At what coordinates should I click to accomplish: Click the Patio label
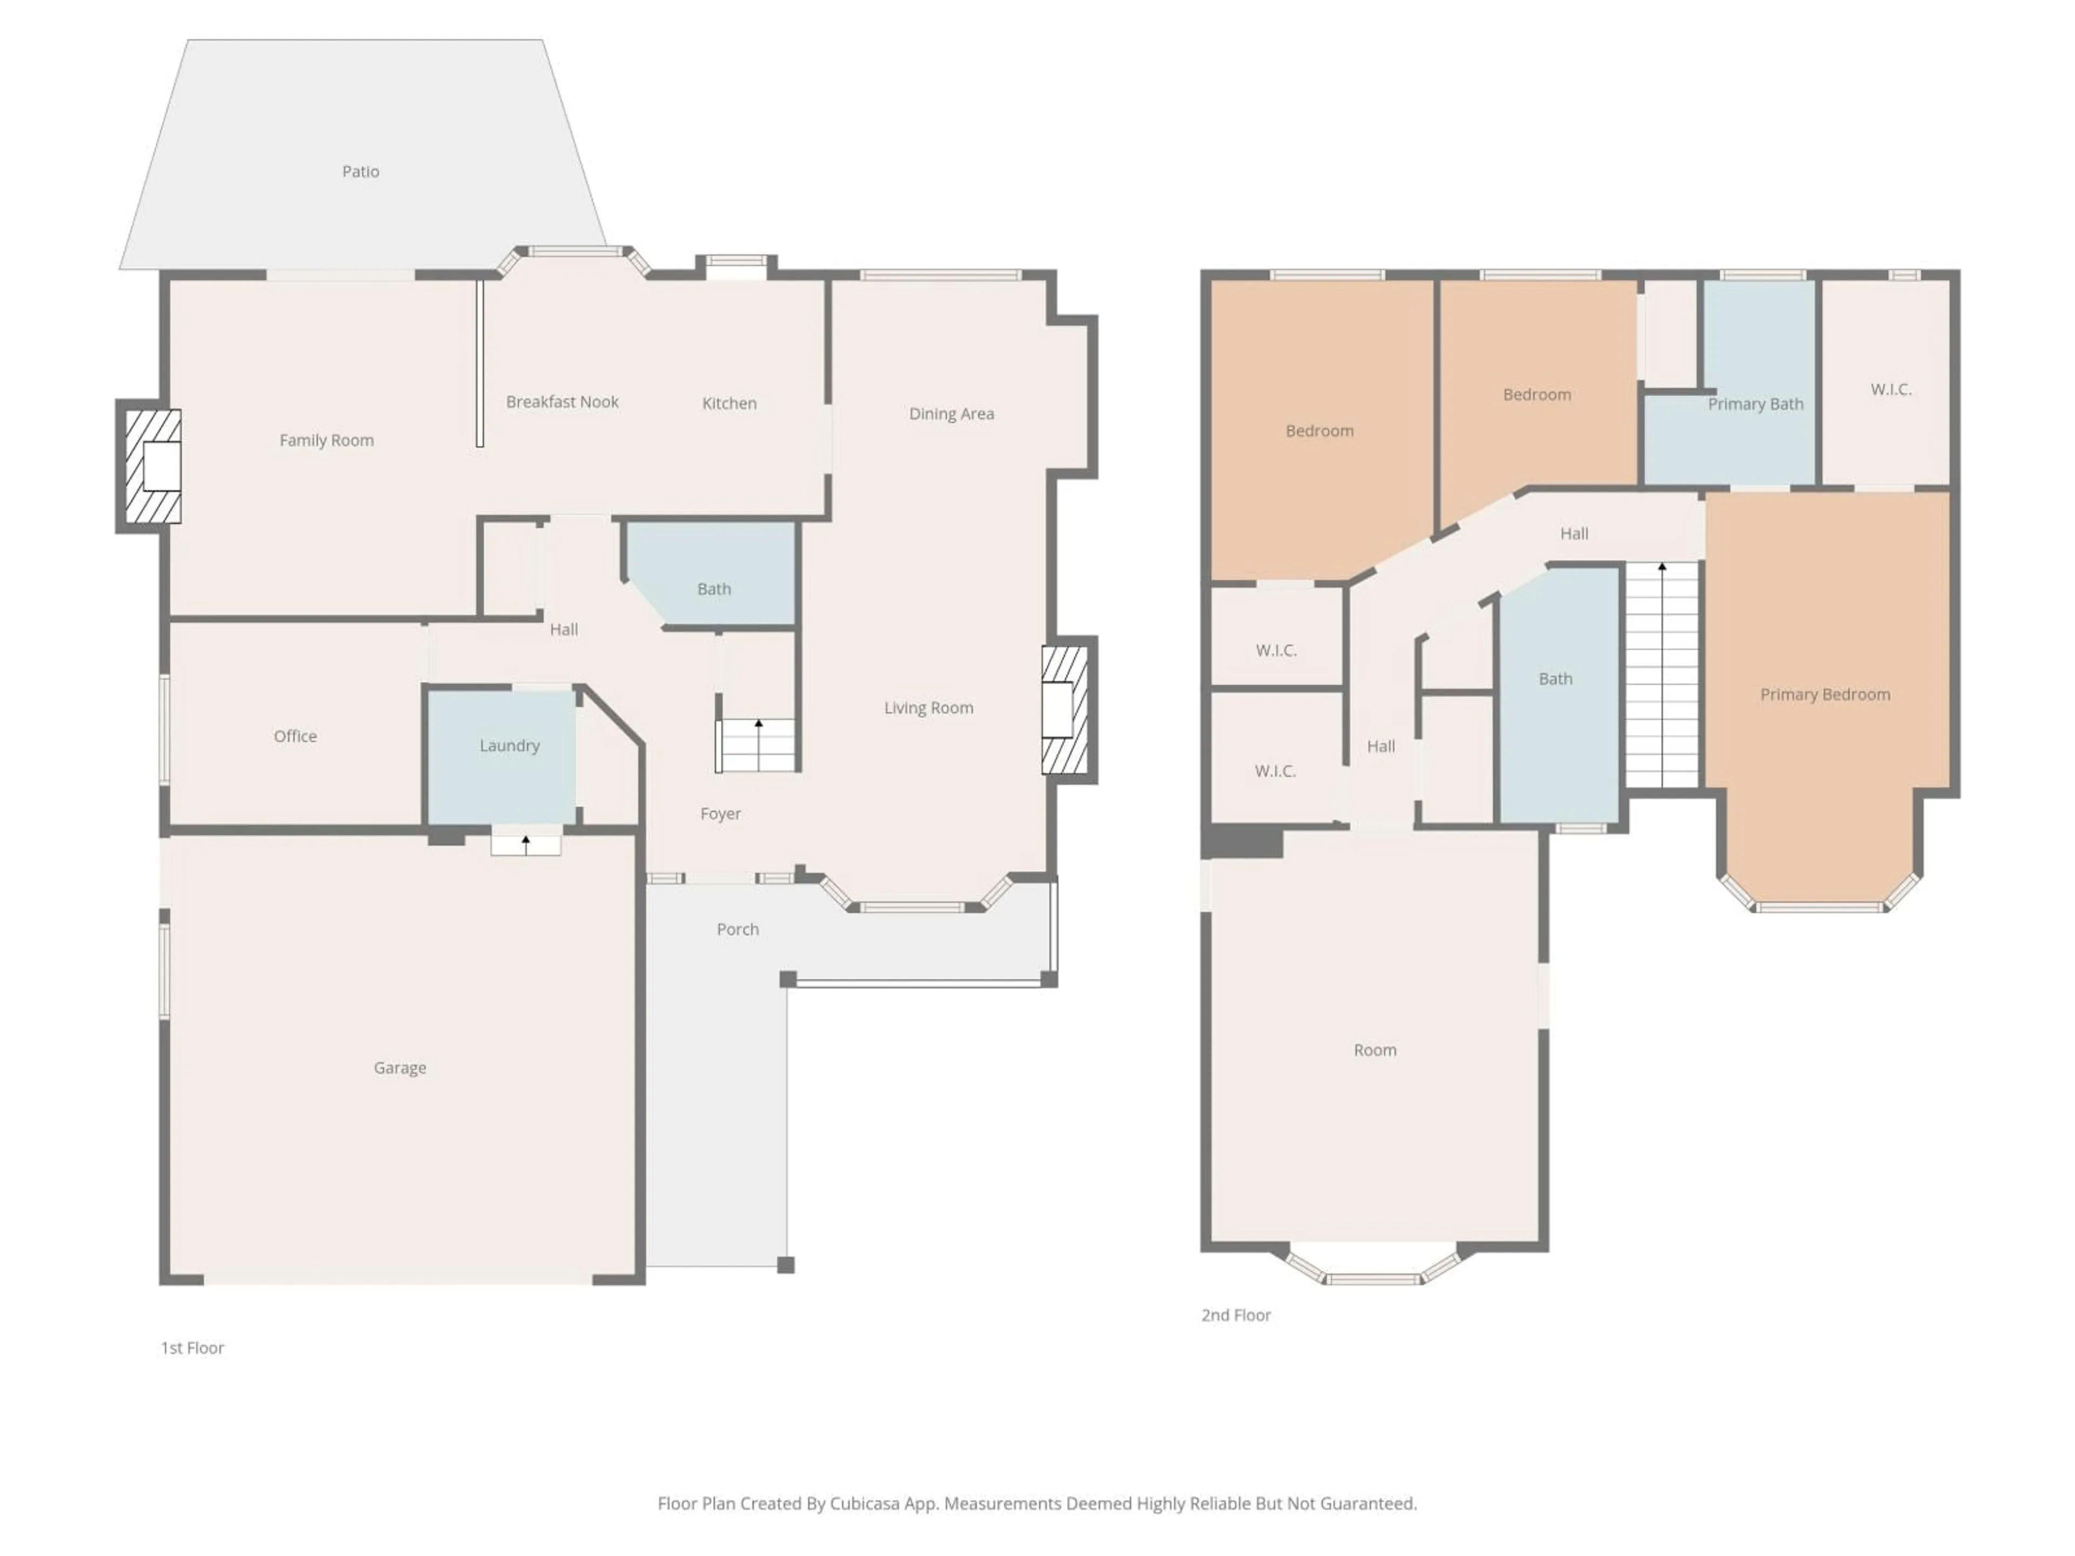tap(360, 172)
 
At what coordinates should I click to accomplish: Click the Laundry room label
tap(510, 746)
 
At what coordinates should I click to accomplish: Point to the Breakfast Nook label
tap(562, 403)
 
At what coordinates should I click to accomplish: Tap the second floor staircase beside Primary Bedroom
tap(1661, 675)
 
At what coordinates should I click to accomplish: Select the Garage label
tap(400, 1068)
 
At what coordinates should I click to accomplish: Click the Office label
tap(294, 736)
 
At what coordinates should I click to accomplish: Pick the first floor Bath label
tap(714, 589)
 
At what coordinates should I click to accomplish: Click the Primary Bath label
tap(1755, 404)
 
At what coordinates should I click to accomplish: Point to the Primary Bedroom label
tap(1824, 695)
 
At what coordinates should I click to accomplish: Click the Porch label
tap(737, 929)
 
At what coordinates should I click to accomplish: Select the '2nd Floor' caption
tap(1235, 1315)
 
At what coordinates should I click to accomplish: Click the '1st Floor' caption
tap(192, 1348)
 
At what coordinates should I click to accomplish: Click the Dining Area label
tap(951, 414)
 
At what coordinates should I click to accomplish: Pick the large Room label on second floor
tap(1374, 1050)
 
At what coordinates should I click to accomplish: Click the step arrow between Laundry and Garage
tap(526, 844)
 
